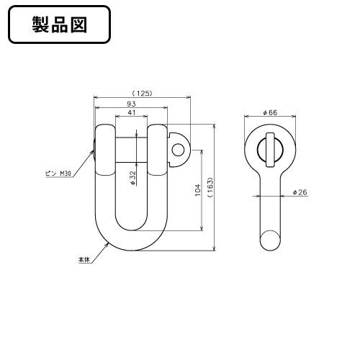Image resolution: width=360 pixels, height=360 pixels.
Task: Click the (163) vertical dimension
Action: coord(210,189)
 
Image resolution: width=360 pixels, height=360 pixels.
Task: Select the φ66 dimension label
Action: coord(271,113)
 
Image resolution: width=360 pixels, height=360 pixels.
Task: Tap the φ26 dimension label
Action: coord(300,192)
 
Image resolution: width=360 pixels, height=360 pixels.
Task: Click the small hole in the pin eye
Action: coord(178,149)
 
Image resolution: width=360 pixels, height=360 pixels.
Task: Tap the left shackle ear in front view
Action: coord(104,149)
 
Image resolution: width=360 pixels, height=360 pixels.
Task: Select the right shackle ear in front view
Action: coord(158,149)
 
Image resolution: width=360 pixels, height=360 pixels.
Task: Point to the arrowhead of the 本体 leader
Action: coord(105,244)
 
